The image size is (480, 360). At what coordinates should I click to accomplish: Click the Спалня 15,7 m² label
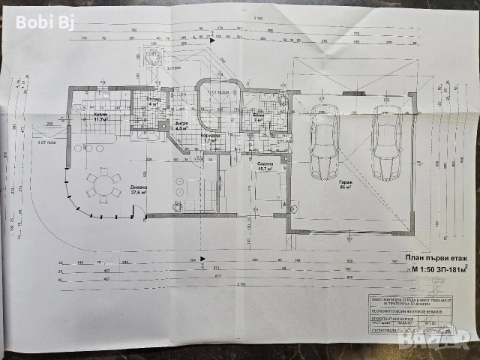click(264, 167)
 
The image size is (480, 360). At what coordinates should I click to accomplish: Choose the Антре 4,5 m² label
click(181, 125)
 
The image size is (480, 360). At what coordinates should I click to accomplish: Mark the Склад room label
click(152, 101)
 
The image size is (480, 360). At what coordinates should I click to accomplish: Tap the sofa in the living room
click(187, 196)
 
